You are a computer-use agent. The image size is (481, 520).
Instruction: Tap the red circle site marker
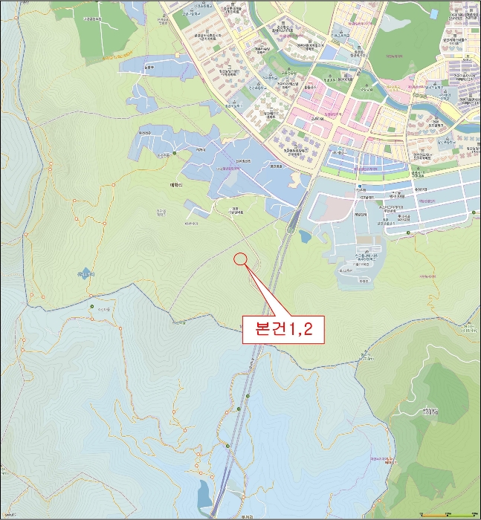[239, 259]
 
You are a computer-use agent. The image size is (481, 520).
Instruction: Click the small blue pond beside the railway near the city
[305, 237]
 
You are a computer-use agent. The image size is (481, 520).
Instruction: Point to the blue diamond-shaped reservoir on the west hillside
[85, 273]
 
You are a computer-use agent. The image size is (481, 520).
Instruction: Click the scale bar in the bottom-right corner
[445, 514]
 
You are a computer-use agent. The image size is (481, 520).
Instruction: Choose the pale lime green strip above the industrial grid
[387, 175]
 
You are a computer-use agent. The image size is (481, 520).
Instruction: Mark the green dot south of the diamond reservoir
[92, 307]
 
